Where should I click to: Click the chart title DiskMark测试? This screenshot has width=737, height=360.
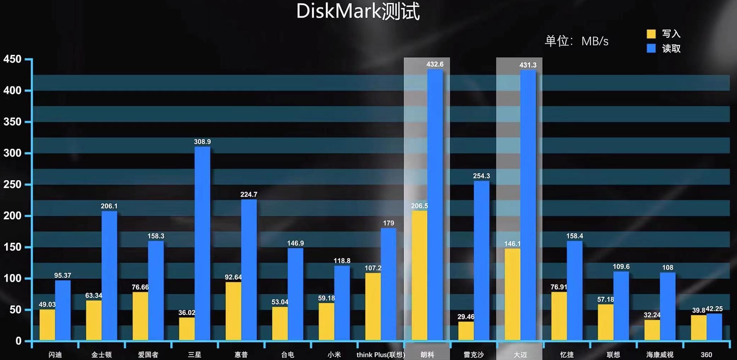[358, 11]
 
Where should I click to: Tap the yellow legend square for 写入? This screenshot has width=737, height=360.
[651, 34]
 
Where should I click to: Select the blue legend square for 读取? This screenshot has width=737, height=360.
[651, 48]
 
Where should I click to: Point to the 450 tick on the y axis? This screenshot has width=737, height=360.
[12, 59]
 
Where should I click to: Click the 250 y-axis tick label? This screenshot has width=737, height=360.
[12, 184]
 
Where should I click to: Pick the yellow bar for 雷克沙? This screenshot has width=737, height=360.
[466, 331]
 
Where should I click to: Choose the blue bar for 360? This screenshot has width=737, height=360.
[714, 327]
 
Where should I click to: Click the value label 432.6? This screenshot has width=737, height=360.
[435, 64]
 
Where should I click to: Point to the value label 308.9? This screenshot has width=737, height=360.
[202, 142]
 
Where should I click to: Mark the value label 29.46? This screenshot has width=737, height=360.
[466, 317]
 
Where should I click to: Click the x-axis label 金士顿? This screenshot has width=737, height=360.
[101, 355]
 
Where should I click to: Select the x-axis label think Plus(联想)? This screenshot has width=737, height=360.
[380, 355]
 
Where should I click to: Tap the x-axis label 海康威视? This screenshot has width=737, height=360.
[660, 355]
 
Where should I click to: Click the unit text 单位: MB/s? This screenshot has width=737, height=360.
[577, 41]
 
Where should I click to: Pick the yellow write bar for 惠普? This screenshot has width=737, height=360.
[233, 311]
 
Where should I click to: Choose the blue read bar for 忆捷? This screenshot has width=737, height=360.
[574, 290]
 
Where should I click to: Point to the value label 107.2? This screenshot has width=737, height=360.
[373, 268]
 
